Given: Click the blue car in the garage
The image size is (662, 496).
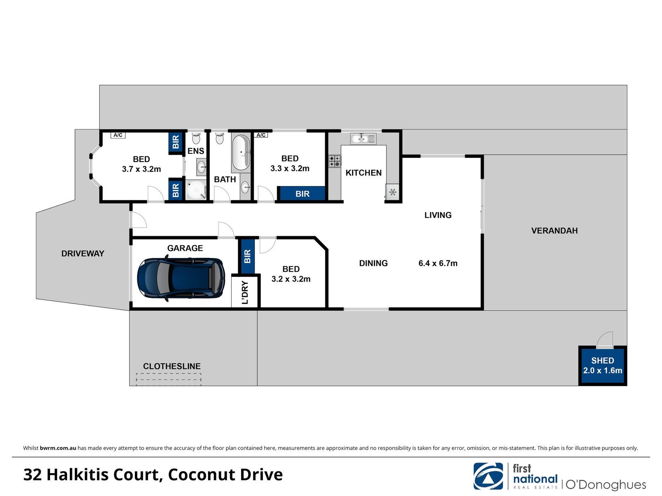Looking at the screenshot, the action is click(181, 278).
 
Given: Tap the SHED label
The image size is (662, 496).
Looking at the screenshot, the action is click(602, 360).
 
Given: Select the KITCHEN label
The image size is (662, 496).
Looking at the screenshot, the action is click(363, 173).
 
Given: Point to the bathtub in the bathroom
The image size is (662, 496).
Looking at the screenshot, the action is click(241, 153).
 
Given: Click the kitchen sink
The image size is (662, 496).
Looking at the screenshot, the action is click(363, 138).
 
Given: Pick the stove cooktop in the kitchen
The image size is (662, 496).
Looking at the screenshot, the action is click(334, 161).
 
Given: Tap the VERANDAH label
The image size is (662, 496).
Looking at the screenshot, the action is click(554, 231).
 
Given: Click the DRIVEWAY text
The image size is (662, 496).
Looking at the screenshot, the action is click(83, 253).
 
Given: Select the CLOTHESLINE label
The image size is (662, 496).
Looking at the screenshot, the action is click(172, 366).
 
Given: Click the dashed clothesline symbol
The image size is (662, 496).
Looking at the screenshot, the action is click(168, 379).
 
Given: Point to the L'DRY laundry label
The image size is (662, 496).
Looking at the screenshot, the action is click(245, 292).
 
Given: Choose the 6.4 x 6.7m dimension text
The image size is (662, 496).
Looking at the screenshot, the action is click(438, 263).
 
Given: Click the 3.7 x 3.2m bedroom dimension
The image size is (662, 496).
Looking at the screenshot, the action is click(142, 169).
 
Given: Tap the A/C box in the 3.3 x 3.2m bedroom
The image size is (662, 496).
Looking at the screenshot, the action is click(261, 135).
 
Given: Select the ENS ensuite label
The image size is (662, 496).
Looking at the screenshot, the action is click(196, 151).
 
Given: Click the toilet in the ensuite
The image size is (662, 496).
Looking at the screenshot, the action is click(196, 138).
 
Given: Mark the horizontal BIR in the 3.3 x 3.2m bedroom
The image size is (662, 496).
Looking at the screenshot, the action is click(302, 193).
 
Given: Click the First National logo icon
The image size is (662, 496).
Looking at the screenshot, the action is click(488, 476).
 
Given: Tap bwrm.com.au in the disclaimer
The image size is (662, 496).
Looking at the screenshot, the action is click(58, 448).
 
